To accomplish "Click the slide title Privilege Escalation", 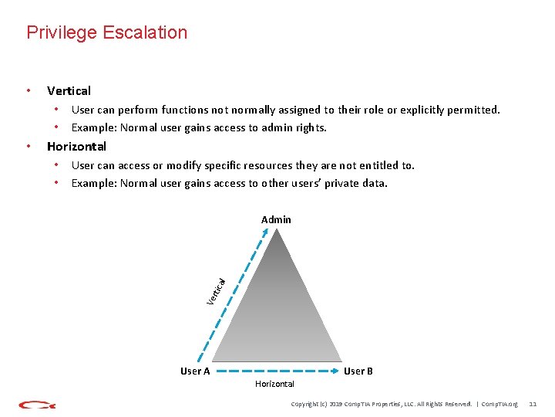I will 106,32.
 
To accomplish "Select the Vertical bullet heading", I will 69,90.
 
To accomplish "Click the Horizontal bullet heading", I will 76,146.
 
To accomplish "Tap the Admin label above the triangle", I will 276,220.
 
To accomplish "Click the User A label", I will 195,371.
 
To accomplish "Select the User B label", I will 358,371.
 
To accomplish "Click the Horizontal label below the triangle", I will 274,384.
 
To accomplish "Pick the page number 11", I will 533,404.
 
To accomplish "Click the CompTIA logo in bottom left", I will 37,405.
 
